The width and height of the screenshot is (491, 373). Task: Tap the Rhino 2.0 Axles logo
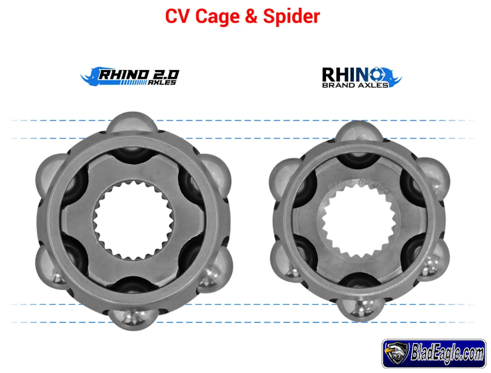(130, 76)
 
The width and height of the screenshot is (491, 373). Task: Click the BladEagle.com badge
(434, 352)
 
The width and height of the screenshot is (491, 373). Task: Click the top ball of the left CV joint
(130, 125)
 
